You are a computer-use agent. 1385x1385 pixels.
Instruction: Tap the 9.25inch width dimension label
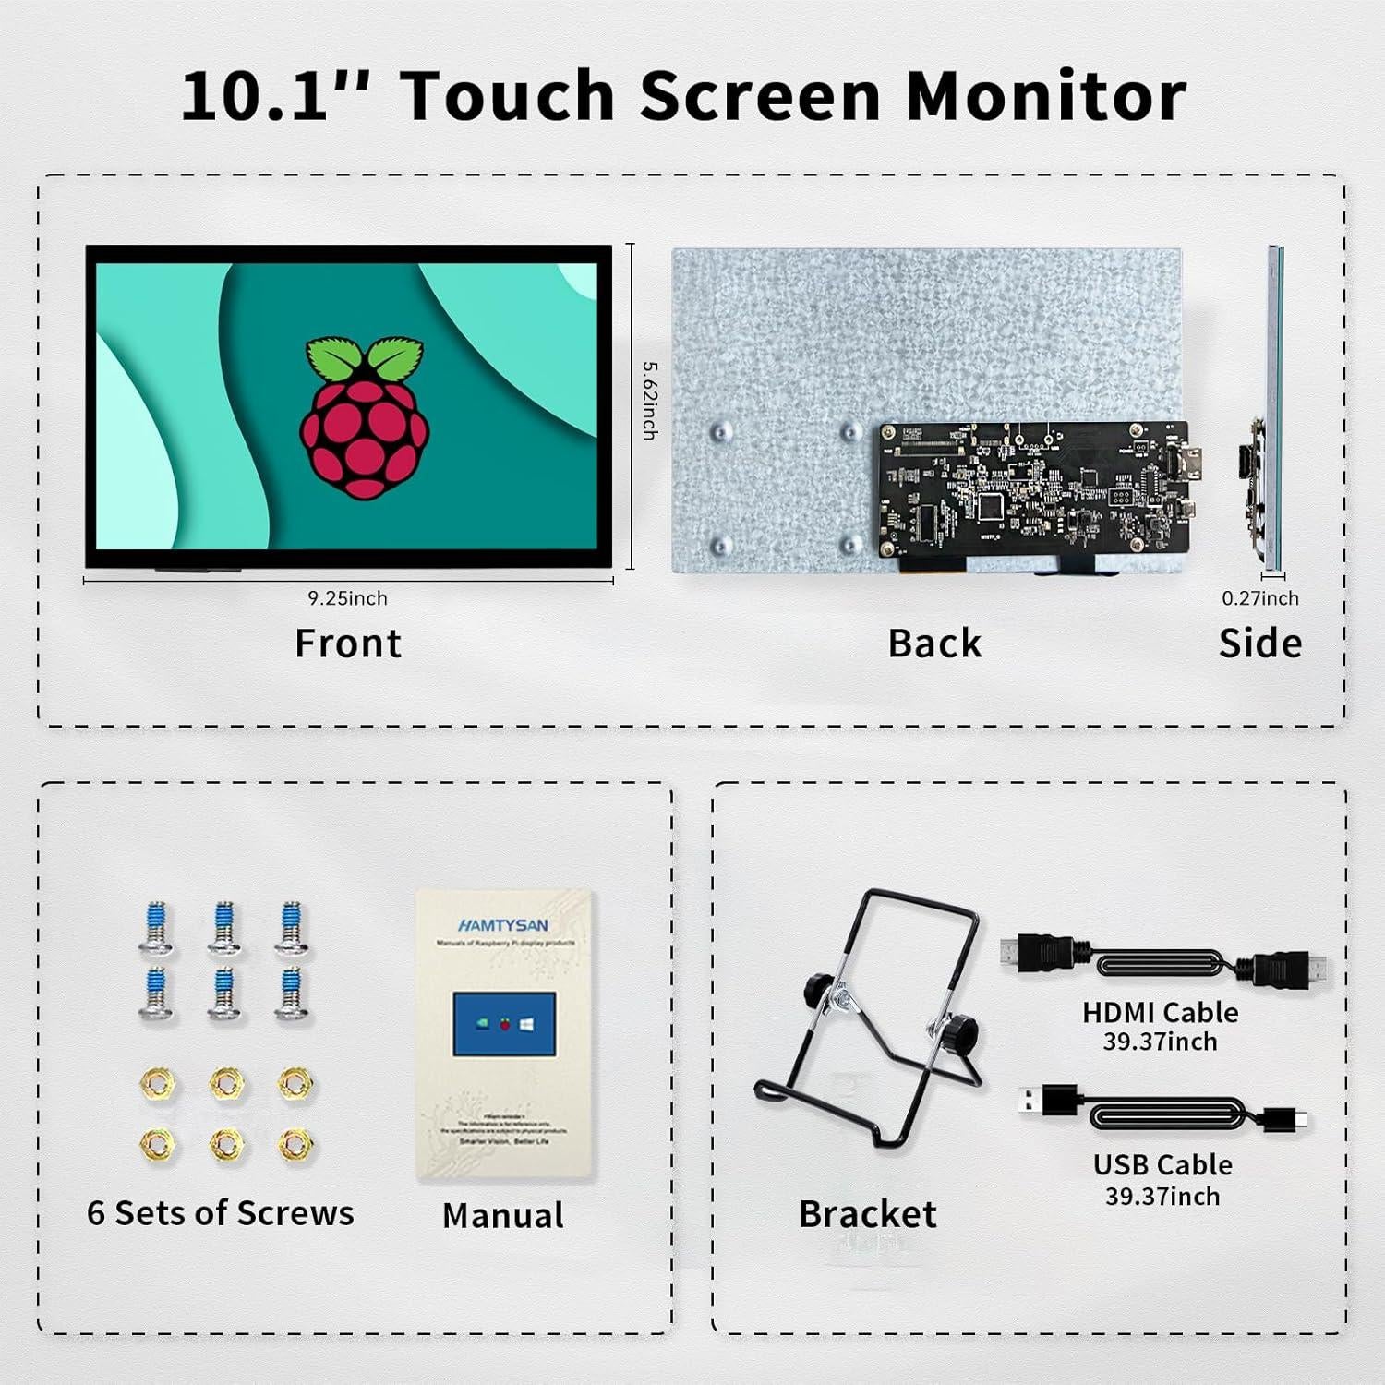tap(347, 598)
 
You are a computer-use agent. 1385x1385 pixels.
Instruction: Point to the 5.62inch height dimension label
tap(650, 400)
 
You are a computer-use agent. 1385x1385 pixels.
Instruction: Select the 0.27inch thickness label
tap(1259, 598)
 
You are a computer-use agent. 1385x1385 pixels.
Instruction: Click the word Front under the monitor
tap(348, 644)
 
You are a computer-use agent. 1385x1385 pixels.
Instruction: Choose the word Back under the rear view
tap(934, 644)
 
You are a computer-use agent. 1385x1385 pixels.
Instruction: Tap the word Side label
tap(1259, 644)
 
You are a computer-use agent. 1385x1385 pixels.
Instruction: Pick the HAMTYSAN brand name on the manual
tap(503, 925)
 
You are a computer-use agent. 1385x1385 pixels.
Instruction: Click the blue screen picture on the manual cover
tap(504, 1024)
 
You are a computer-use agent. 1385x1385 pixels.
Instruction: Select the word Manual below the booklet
tap(503, 1215)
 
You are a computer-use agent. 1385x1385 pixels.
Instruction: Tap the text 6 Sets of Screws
tap(221, 1213)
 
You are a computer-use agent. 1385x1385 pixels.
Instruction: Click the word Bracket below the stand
tap(867, 1214)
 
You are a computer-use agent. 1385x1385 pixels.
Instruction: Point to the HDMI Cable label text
tap(1161, 1012)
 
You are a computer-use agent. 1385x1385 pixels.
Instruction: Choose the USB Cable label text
tap(1162, 1165)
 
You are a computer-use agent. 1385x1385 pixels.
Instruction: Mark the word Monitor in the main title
tap(1046, 96)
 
